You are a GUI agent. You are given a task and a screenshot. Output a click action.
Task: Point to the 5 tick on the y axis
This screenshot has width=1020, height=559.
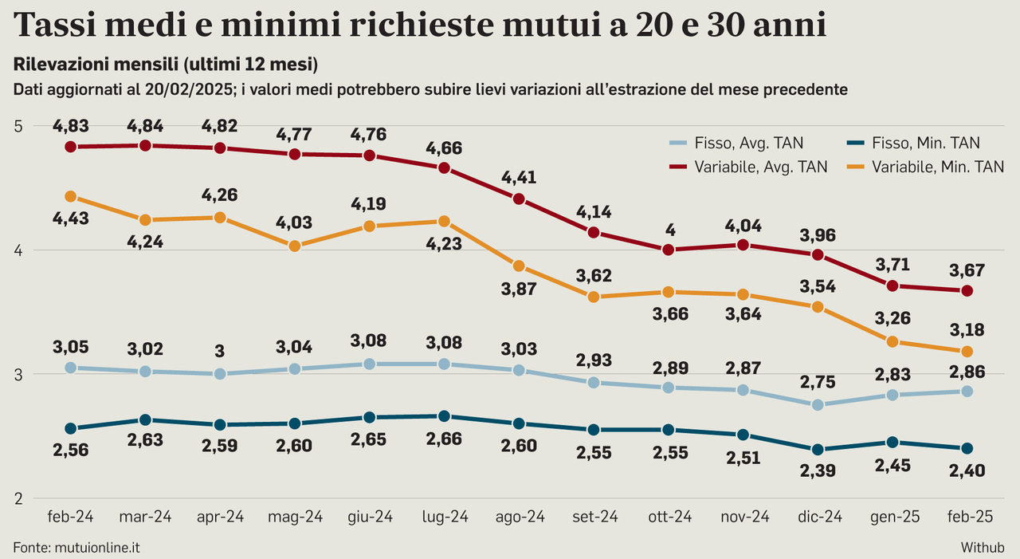click(19, 126)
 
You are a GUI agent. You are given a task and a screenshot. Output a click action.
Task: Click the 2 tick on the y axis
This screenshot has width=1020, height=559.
click(19, 498)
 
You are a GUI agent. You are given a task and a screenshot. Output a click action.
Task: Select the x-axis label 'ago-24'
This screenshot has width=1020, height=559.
click(519, 517)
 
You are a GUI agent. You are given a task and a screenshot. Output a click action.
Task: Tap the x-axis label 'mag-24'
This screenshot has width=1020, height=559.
click(295, 517)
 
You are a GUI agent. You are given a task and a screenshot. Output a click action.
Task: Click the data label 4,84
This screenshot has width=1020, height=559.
click(145, 125)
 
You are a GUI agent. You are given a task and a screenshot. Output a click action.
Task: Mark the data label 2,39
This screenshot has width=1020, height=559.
click(817, 470)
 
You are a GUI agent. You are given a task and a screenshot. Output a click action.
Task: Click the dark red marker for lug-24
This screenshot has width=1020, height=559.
click(445, 167)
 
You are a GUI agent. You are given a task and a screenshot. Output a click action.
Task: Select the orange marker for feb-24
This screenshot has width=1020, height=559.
click(71, 196)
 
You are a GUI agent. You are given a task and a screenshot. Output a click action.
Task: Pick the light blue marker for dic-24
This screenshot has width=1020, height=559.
click(817, 404)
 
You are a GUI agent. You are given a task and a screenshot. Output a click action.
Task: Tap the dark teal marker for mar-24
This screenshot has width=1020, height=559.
click(145, 419)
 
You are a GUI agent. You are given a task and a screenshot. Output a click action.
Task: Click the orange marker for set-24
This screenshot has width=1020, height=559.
click(594, 297)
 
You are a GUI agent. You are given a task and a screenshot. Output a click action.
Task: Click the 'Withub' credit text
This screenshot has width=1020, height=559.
click(982, 547)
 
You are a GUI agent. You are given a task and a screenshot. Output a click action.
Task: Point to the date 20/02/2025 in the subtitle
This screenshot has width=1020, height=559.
click(188, 89)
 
